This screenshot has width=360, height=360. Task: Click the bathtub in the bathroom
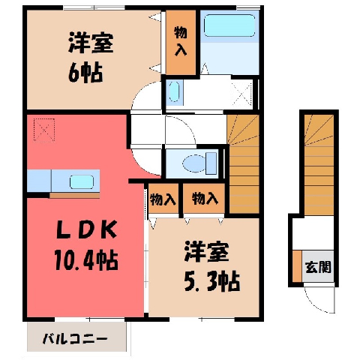(x=229, y=25)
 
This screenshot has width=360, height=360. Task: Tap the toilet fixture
(x=199, y=164)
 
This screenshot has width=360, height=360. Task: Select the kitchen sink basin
(x=82, y=181)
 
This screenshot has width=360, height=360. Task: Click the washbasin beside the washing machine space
(x=174, y=91)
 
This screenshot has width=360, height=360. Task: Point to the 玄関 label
(x=318, y=267)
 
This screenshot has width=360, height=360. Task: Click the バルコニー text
(x=75, y=339)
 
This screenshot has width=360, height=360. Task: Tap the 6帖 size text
(x=85, y=73)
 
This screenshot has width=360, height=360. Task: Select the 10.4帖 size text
(x=86, y=260)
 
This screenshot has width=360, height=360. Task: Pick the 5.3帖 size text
(x=212, y=282)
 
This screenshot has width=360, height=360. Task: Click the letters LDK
(x=87, y=229)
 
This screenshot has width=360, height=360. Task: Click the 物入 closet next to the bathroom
(x=181, y=42)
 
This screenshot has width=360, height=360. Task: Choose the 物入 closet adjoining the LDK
(x=163, y=199)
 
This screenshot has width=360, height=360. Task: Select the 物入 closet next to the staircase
(x=204, y=199)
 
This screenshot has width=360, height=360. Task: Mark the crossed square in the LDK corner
(x=44, y=130)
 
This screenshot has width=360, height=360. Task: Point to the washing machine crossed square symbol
(x=241, y=94)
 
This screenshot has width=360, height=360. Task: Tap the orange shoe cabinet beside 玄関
(x=297, y=266)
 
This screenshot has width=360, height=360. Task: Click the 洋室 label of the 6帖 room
(x=91, y=42)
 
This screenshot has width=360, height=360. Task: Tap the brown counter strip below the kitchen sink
(x=75, y=195)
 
